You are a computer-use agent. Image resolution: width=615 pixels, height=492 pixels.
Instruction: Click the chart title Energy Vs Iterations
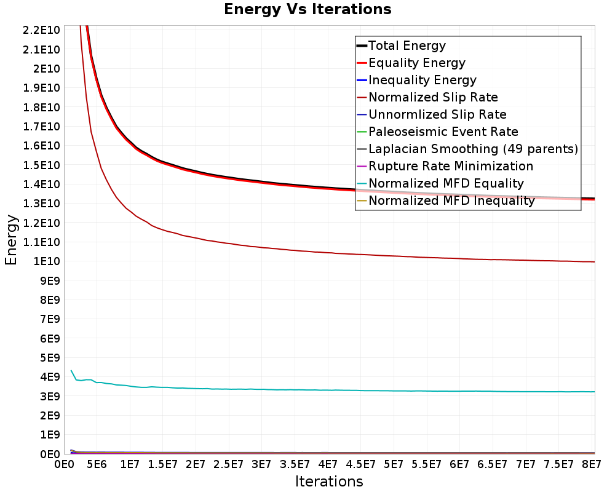tap(307, 9)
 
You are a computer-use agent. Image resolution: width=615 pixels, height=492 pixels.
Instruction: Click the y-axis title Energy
tap(11, 240)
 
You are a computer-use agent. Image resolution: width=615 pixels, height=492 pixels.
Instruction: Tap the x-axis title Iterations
tap(329, 481)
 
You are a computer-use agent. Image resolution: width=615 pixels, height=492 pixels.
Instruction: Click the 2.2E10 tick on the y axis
tap(41, 30)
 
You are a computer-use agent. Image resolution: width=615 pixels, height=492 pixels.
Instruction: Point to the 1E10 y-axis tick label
tap(47, 261)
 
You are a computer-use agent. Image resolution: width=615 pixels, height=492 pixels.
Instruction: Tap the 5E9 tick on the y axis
tap(50, 358)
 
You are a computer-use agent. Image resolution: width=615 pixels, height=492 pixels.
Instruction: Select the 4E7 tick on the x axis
tap(328, 464)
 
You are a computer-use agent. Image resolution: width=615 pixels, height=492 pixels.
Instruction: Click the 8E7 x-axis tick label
tap(592, 464)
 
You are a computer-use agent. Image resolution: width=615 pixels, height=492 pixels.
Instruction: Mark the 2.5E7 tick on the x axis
tap(229, 464)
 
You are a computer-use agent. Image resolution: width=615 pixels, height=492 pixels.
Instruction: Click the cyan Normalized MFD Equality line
tap(333, 390)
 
